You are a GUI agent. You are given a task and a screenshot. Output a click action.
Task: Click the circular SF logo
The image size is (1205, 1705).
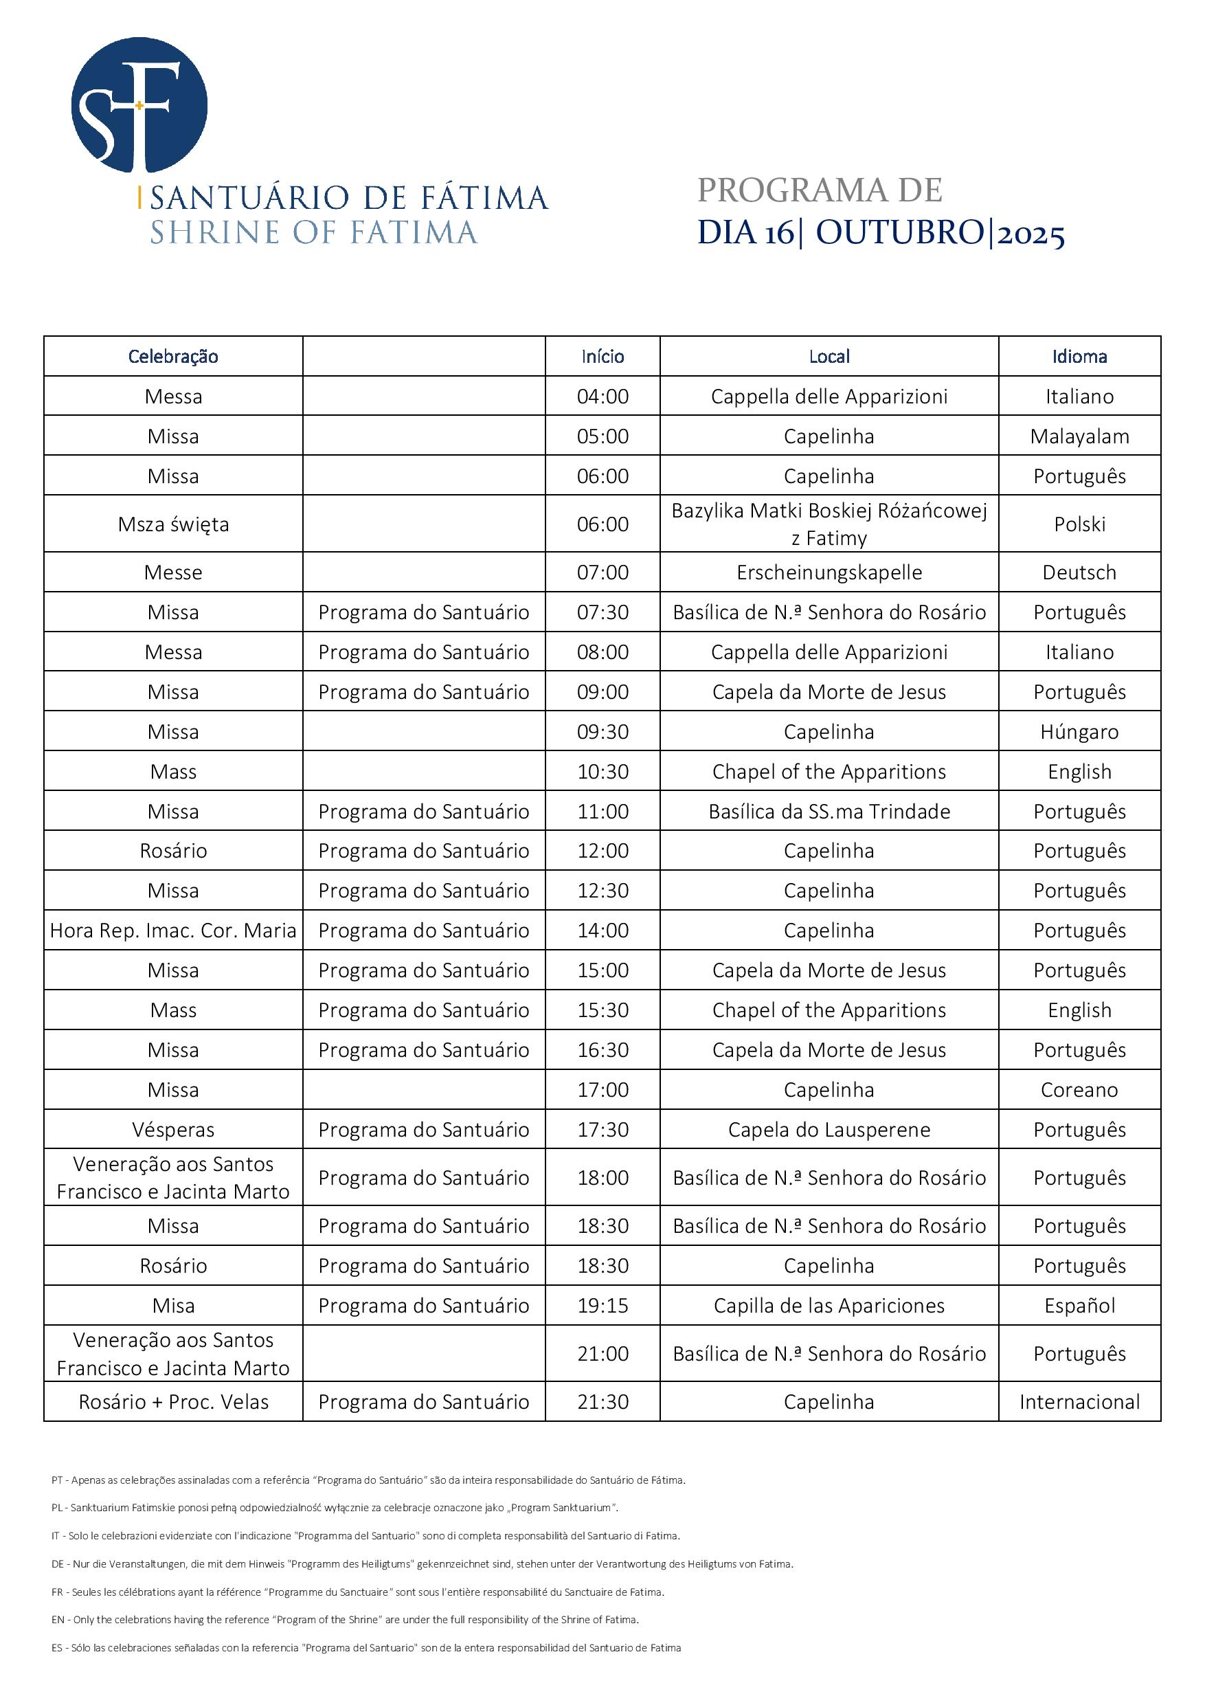[x=139, y=104]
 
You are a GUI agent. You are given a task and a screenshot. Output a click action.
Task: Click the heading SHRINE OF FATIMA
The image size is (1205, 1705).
[x=313, y=232]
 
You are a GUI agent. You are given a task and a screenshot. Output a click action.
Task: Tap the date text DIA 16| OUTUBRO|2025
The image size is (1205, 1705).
[x=881, y=233]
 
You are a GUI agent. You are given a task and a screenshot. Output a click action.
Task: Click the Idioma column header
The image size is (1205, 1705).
[x=1079, y=357]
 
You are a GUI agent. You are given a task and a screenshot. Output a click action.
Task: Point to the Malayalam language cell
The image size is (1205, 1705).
[x=1079, y=436]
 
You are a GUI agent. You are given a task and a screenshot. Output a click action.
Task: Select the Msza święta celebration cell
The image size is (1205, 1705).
[x=173, y=524]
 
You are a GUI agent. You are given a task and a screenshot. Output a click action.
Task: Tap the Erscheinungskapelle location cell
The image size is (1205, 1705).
[x=829, y=572]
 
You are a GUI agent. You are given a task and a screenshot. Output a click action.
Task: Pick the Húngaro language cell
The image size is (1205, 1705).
[x=1079, y=732]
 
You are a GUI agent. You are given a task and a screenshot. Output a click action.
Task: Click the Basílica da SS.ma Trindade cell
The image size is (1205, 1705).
[x=829, y=812]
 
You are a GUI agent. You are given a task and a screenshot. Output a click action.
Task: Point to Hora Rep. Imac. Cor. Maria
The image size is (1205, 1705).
[x=173, y=930]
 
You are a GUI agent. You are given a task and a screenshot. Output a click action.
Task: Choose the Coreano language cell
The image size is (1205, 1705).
[x=1079, y=1090]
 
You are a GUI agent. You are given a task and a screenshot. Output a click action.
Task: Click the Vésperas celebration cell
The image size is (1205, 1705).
[x=173, y=1130]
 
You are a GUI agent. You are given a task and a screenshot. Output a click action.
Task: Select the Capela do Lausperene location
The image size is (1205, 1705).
[x=829, y=1130]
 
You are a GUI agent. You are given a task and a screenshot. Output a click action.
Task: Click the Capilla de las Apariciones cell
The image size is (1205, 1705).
[x=829, y=1306]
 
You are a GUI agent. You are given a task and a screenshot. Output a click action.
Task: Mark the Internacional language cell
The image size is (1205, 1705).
[x=1079, y=1402]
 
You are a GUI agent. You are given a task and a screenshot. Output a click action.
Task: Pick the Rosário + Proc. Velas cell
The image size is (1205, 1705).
[x=173, y=1402]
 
